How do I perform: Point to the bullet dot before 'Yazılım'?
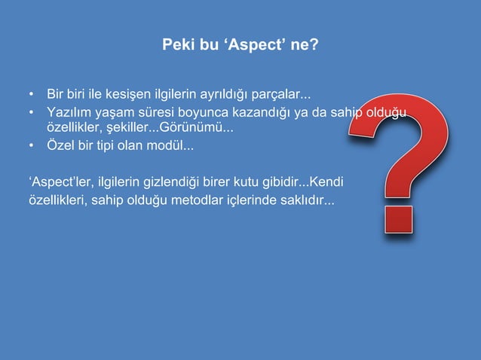point(31,113)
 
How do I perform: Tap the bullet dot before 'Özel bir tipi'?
point(31,145)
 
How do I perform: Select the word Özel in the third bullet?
point(60,145)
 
